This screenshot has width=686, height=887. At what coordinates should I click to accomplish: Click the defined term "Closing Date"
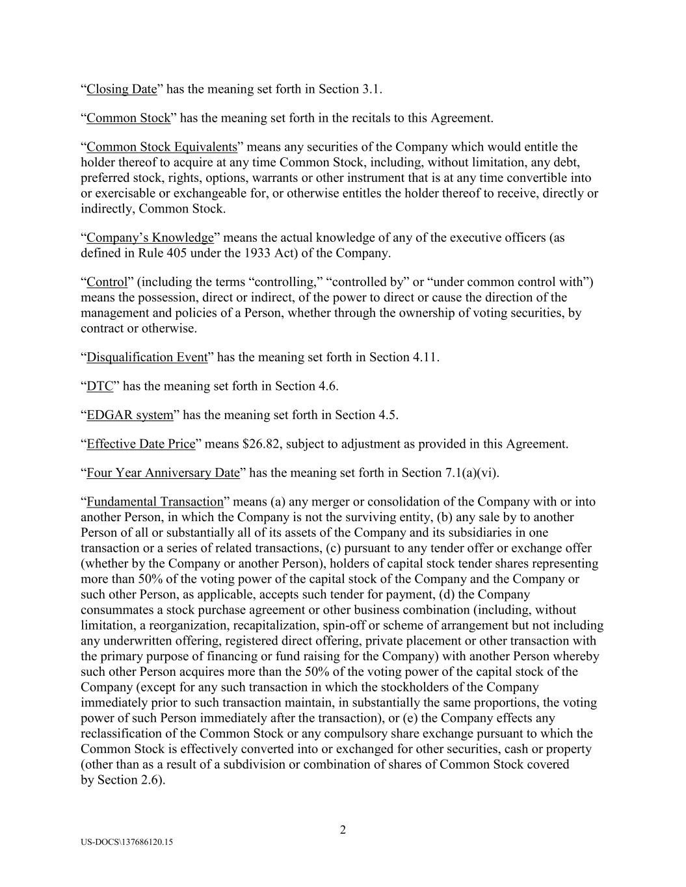(x=122, y=90)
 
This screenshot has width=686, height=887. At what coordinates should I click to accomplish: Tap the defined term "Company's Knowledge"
(x=150, y=238)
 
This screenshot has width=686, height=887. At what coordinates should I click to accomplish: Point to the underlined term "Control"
(x=107, y=282)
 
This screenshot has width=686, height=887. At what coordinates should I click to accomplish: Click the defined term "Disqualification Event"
(x=147, y=357)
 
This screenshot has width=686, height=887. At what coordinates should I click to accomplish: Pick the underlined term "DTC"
(x=100, y=387)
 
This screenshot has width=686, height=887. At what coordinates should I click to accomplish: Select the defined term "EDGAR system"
(x=130, y=415)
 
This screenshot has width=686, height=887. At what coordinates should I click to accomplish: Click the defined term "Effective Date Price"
(x=141, y=444)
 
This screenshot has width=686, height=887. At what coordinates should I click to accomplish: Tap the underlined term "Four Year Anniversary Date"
(x=163, y=473)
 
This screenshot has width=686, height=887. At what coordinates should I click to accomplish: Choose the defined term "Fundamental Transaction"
(x=155, y=502)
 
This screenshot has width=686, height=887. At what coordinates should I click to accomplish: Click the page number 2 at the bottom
(x=343, y=830)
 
